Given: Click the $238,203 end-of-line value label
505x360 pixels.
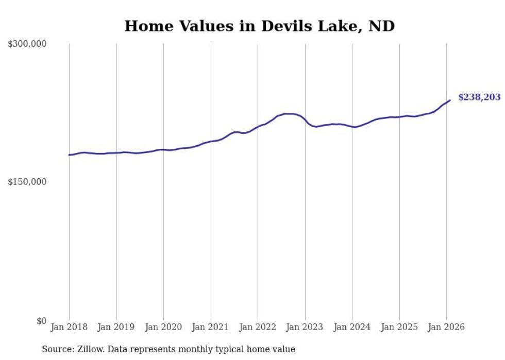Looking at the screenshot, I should click(479, 97).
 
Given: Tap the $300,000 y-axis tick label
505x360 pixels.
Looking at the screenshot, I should click(27, 44).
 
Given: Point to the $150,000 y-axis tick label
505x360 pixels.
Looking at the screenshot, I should click(27, 182).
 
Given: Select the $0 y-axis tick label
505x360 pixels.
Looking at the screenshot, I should click(41, 321).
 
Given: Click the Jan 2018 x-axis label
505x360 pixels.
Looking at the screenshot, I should click(69, 327).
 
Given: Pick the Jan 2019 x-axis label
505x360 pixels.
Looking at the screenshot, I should click(116, 327).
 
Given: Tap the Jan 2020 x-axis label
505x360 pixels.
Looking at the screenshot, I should click(163, 327).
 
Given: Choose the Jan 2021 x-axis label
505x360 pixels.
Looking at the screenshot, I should click(211, 327).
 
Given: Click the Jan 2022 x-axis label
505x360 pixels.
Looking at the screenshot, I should click(258, 327).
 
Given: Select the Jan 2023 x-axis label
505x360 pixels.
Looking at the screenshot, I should click(305, 327).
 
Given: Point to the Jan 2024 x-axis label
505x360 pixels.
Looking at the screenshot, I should click(352, 327).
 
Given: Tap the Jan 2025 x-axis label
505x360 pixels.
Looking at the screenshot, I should click(399, 327).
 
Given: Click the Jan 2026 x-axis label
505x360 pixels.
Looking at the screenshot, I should click(446, 327).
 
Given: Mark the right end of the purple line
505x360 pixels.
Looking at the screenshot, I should click(450, 100).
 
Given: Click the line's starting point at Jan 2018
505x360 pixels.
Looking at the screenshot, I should click(69, 155).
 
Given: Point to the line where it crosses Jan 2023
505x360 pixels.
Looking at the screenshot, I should click(305, 121).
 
